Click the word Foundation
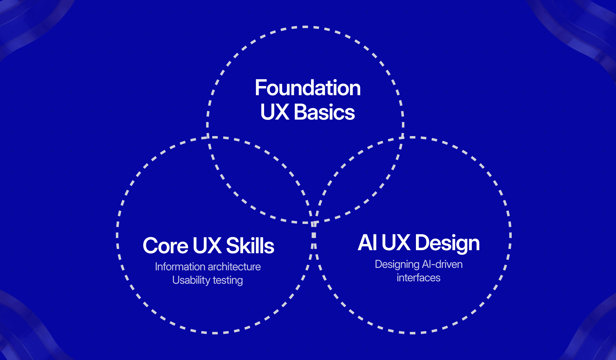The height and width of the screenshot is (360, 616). click(x=308, y=88)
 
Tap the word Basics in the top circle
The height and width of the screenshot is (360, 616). click(x=324, y=112)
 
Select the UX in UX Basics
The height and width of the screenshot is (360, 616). click(x=274, y=112)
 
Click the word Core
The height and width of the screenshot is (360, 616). click(x=166, y=246)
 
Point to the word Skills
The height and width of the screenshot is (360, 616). click(x=250, y=246)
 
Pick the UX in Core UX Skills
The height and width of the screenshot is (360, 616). click(x=207, y=246)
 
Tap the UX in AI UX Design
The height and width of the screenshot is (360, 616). click(x=396, y=243)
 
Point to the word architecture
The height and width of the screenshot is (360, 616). click(x=234, y=267)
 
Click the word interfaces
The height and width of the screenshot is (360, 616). click(x=418, y=278)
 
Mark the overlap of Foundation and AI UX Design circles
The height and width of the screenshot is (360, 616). click(x=360, y=180)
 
